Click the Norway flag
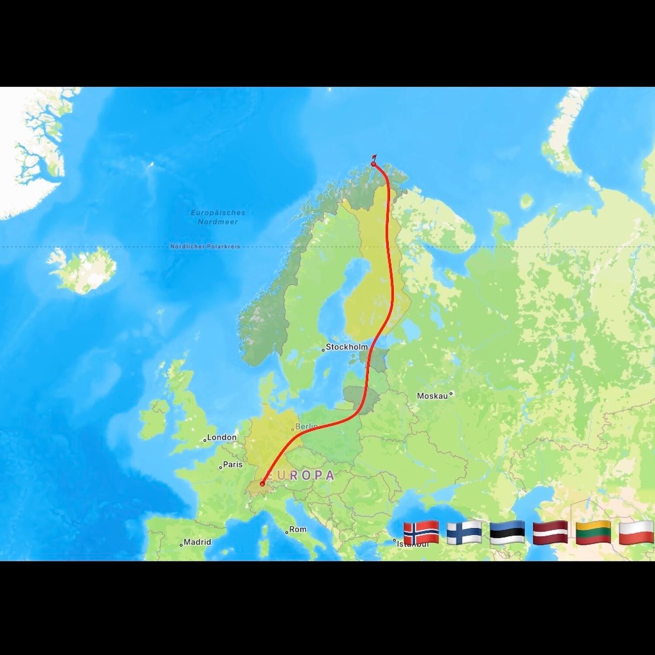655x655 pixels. point(421,532)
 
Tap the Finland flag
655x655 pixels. point(464,532)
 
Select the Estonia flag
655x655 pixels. point(507,532)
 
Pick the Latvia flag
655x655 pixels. point(550,532)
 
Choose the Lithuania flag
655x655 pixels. point(593,532)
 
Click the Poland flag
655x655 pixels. point(636,532)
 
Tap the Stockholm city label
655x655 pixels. point(347,347)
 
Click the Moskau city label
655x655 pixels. point(432,396)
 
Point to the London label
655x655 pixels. point(222,437)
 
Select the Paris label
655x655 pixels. point(233,464)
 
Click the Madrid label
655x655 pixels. point(197,542)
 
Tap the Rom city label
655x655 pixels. point(298,529)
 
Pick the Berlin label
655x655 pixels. point(306,426)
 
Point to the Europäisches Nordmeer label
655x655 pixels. point(218,217)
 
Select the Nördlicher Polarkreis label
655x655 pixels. point(205,246)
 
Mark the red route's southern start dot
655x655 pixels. point(262,483)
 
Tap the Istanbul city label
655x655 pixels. point(412,544)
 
